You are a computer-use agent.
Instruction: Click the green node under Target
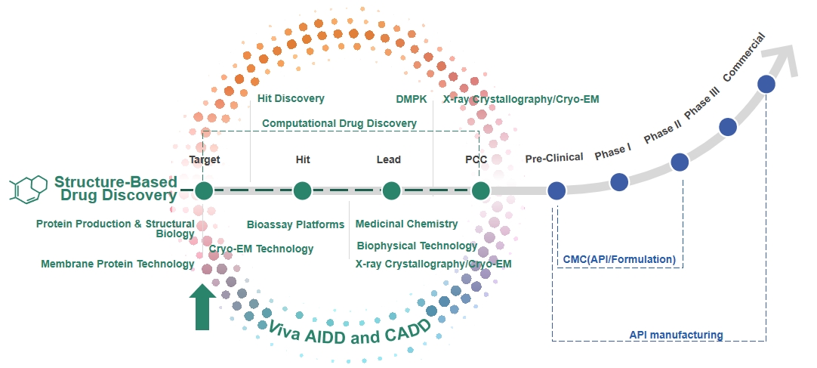(x=204, y=190)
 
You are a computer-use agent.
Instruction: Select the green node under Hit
(x=302, y=190)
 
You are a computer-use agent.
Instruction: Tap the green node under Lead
(x=391, y=190)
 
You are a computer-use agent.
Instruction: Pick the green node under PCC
(x=481, y=190)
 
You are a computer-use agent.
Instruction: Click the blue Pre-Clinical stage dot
(x=557, y=190)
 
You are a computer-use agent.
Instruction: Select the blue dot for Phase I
(x=619, y=182)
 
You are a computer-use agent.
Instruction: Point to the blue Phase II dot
(x=680, y=162)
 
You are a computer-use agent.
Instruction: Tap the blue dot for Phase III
(x=728, y=127)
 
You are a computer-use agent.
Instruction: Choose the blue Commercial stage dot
(x=766, y=84)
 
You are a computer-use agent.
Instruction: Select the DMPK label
(x=411, y=99)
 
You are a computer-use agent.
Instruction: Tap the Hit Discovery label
(x=291, y=98)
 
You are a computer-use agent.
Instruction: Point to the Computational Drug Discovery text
(x=339, y=123)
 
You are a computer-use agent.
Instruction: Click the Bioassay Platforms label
(x=295, y=224)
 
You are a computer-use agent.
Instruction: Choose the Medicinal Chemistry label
(x=406, y=224)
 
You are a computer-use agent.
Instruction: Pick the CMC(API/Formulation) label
(x=619, y=259)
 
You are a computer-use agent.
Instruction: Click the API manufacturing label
(x=676, y=335)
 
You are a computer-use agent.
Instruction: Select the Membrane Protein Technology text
(x=118, y=264)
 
